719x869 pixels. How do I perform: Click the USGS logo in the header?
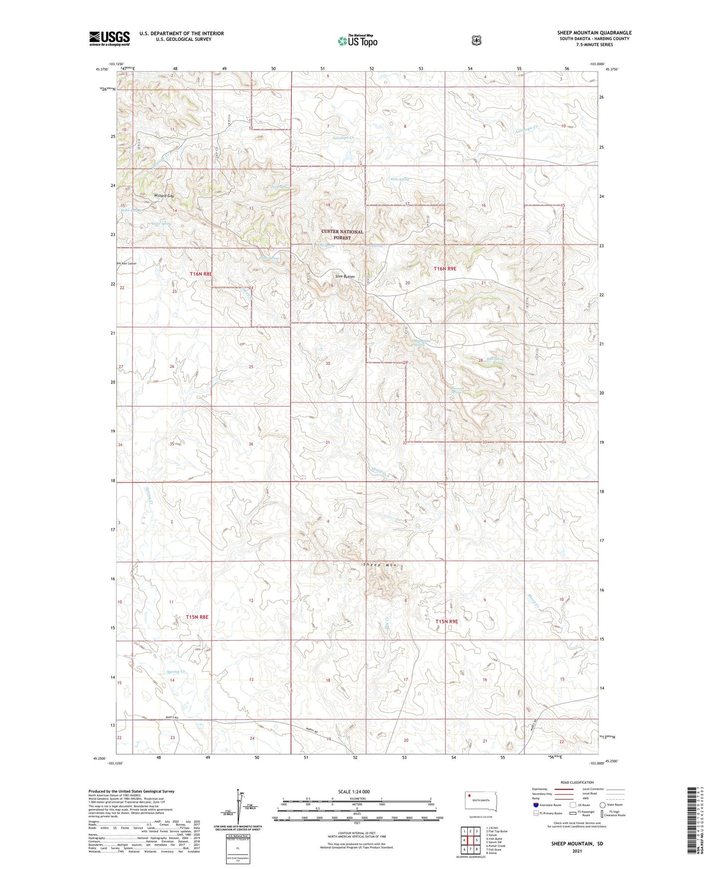[109, 38]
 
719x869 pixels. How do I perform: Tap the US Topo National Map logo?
[357, 41]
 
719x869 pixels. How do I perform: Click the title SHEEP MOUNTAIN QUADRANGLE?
[594, 33]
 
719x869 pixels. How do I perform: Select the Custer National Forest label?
[342, 235]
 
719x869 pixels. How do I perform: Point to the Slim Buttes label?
[345, 276]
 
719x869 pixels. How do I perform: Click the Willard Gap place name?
[164, 196]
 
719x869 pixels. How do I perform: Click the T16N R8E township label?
[201, 274]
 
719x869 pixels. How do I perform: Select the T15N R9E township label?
[446, 622]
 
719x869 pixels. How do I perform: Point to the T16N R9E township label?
[445, 269]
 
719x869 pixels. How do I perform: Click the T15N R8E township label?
[197, 617]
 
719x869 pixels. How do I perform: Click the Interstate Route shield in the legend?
[535, 805]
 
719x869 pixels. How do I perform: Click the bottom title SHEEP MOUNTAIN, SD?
[577, 844]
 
